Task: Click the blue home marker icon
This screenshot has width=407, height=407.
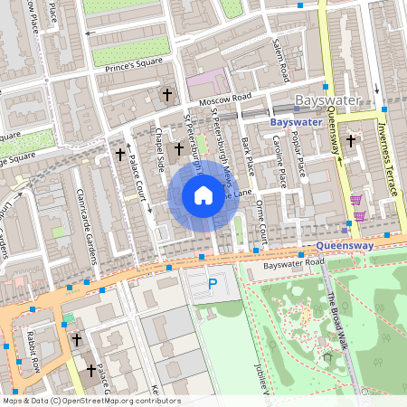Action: (203, 195)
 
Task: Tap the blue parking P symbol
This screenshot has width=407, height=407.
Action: (213, 284)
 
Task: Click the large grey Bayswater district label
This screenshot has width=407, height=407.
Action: (327, 101)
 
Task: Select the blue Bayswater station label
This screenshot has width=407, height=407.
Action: (296, 120)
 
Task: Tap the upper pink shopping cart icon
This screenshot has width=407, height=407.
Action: (357, 199)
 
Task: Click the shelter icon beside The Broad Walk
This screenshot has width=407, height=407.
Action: (327, 357)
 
